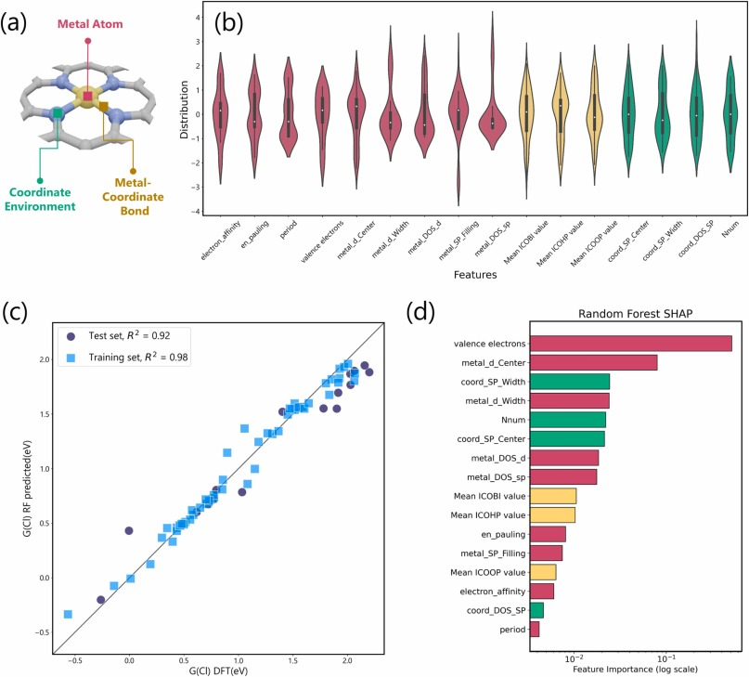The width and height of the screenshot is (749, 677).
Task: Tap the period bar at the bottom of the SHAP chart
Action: click(x=535, y=629)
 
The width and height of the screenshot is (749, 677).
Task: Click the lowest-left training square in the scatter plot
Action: click(x=68, y=614)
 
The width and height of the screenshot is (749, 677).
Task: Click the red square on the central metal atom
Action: click(x=87, y=97)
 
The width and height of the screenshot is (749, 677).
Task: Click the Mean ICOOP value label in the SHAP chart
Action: click(x=490, y=572)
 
